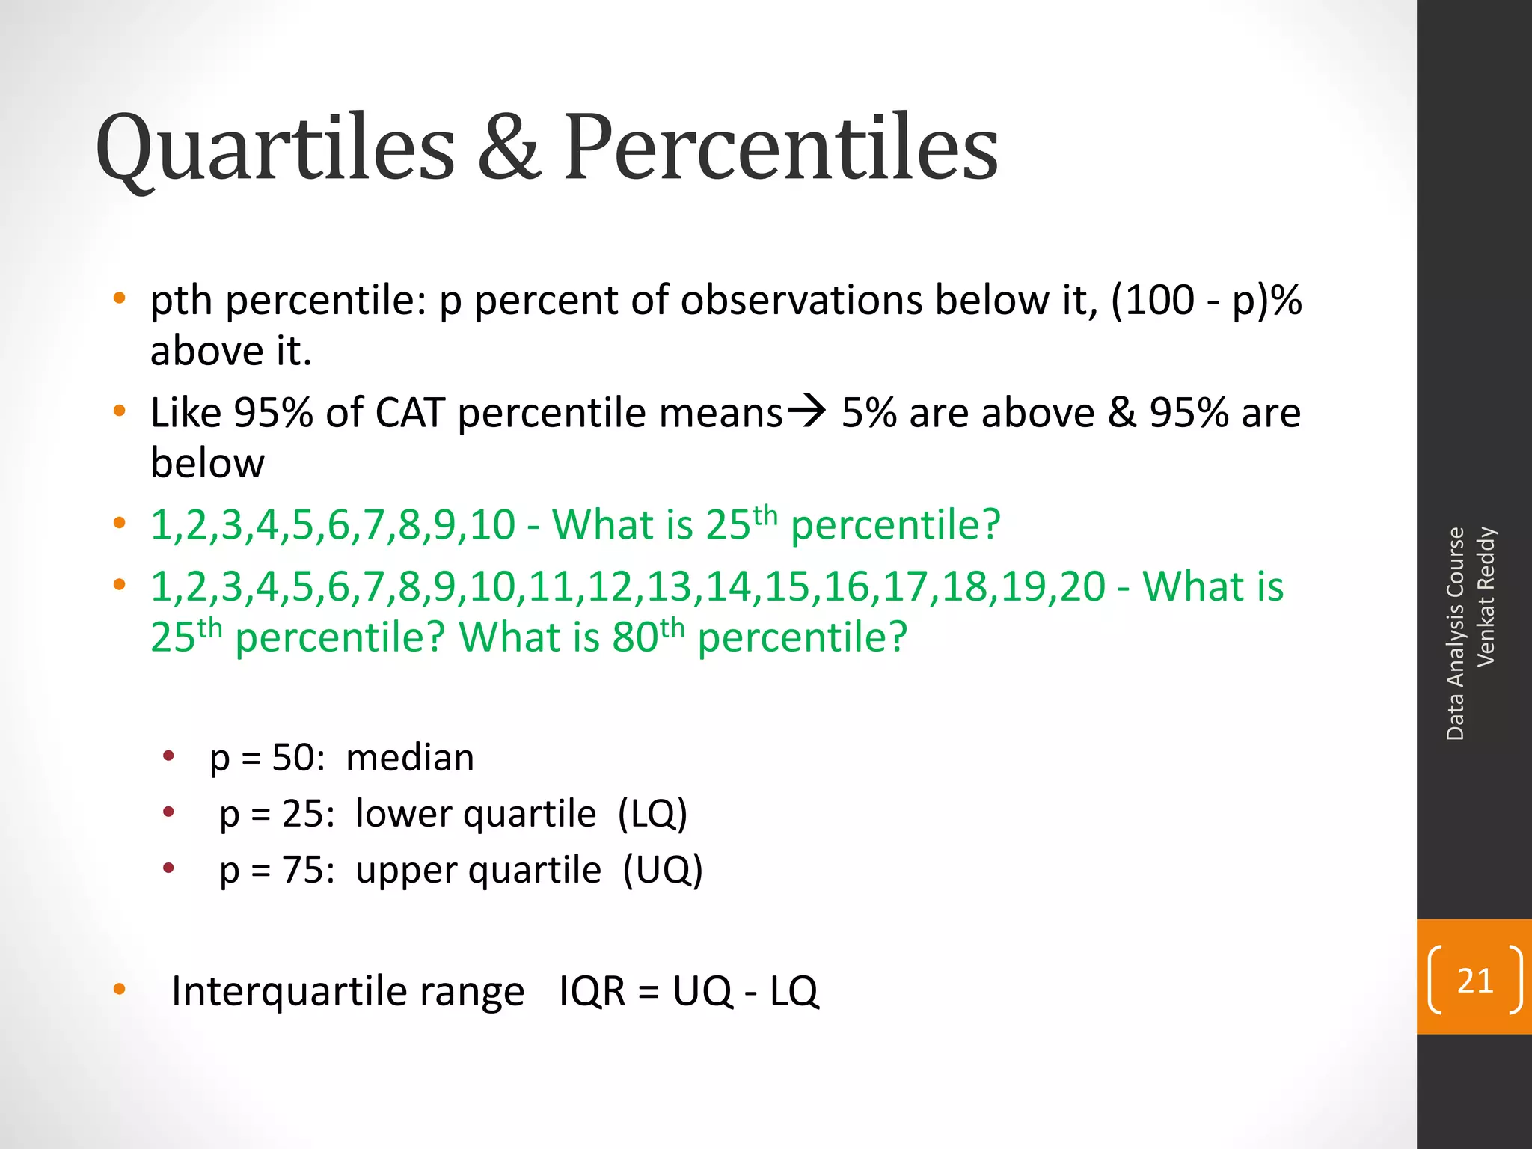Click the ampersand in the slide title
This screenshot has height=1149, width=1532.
[x=509, y=147]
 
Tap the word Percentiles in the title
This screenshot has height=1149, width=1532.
[x=781, y=147]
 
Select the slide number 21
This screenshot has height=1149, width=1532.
[x=1474, y=981]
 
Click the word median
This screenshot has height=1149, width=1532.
[x=410, y=758]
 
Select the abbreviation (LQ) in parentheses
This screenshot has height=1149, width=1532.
[x=652, y=814]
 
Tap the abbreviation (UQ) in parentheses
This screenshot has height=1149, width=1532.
[x=663, y=870]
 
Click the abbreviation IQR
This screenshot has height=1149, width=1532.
[x=592, y=992]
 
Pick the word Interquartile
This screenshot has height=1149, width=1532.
[x=289, y=992]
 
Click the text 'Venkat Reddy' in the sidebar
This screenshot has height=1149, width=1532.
[x=1486, y=596]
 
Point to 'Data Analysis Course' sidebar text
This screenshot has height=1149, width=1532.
[x=1455, y=634]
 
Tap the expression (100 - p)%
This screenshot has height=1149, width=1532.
[x=1207, y=301]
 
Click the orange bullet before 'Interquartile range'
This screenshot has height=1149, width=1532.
[x=119, y=990]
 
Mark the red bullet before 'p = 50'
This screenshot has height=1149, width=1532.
[x=169, y=756]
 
